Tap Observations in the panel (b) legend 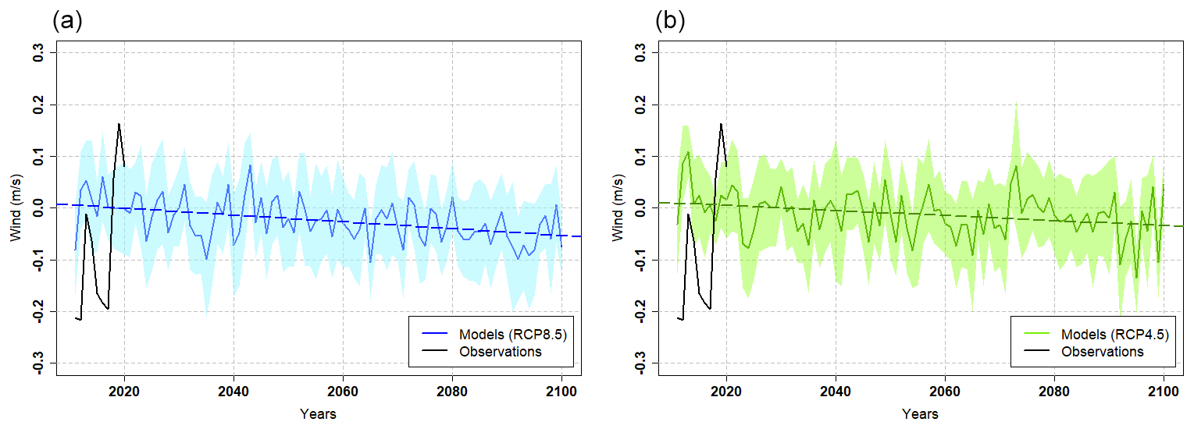(x=1103, y=352)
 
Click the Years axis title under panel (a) (x=318, y=414)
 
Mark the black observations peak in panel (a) (x=119, y=123)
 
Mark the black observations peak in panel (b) (x=721, y=123)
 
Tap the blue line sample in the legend (x=433, y=335)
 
